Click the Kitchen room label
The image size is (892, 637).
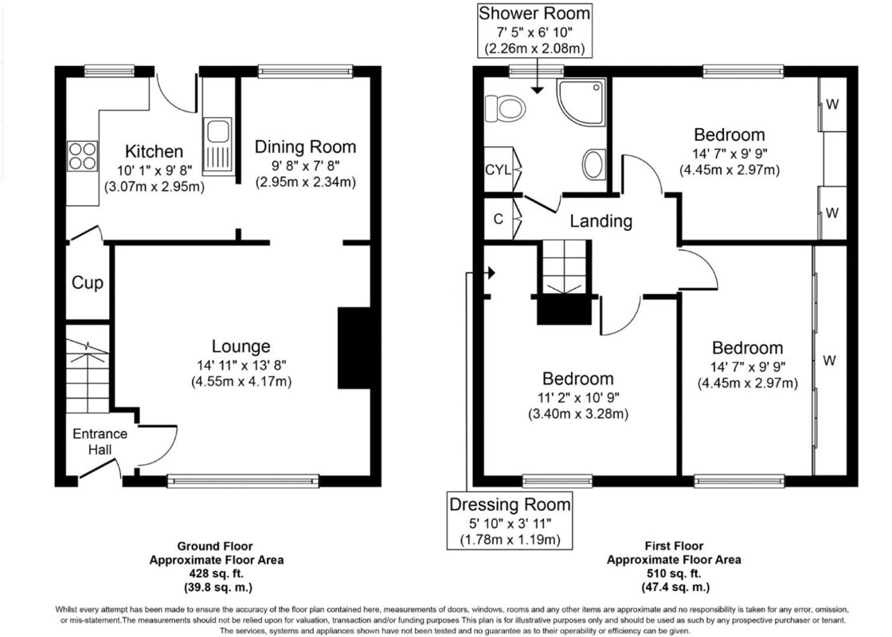point(154,151)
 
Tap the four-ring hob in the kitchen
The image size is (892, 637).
point(83,156)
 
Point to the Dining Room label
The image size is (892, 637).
point(305,147)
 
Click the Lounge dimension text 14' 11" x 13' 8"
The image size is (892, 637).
point(241,365)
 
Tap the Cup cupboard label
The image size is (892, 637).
point(87,283)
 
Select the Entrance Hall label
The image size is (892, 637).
point(100,441)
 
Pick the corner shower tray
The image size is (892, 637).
point(581,102)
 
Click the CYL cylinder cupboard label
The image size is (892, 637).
point(498,170)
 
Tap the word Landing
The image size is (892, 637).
point(601,221)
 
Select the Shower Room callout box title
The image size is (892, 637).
point(534,13)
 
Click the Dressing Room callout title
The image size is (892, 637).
point(510,505)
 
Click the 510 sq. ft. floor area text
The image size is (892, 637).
point(674,573)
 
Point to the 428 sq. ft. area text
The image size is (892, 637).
point(216,573)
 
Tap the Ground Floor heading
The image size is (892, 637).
point(215,546)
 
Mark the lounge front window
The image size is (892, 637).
point(243,481)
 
